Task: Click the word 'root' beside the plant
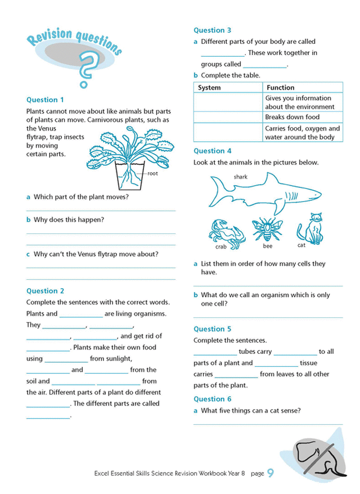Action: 152,174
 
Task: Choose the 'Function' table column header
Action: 280,88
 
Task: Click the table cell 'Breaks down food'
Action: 292,117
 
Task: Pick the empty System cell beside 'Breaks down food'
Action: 228,117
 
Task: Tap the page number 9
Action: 271,473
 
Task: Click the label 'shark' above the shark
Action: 240,177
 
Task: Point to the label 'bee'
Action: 268,246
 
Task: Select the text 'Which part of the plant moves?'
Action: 81,197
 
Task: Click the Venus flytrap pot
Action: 130,178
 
